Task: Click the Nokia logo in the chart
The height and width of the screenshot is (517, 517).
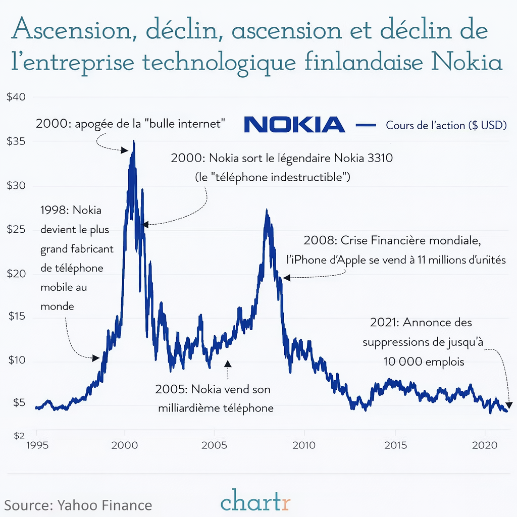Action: click(294, 125)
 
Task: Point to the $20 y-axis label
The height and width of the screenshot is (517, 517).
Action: click(16, 274)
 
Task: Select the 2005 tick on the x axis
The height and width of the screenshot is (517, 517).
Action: click(214, 446)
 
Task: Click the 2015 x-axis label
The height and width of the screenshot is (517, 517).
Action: click(395, 446)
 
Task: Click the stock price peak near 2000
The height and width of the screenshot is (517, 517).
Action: click(133, 142)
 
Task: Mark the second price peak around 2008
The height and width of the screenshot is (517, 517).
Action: click(267, 211)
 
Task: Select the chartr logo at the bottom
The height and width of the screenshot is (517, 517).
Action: click(256, 502)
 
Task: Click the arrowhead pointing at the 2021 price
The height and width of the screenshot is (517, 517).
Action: click(509, 405)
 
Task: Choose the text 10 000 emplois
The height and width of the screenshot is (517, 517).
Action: click(423, 361)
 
